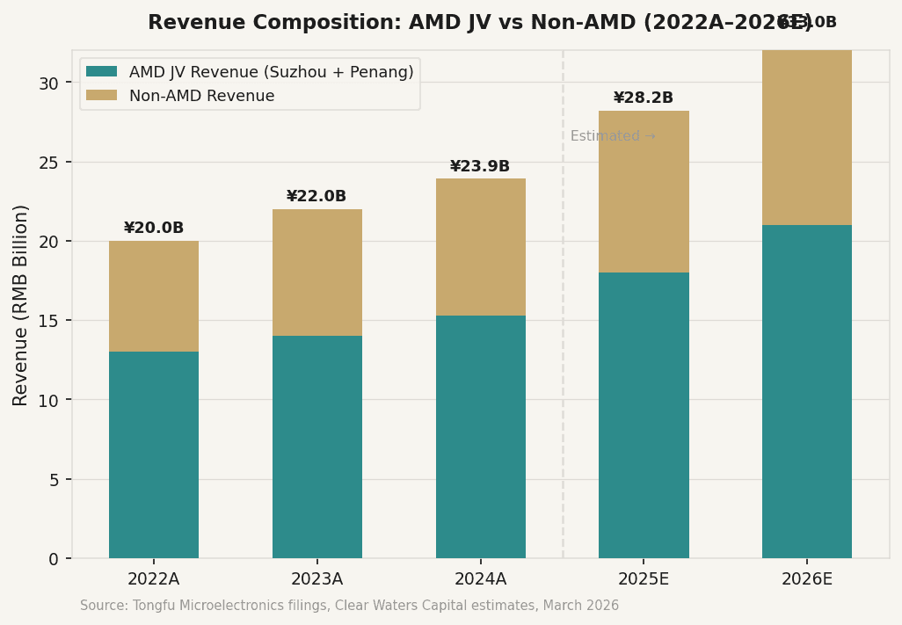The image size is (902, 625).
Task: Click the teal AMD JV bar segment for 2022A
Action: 154,454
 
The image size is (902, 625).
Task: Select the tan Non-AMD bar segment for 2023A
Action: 317,273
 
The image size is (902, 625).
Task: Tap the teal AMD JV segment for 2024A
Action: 481,437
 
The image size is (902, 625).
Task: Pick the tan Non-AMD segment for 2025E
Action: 644,192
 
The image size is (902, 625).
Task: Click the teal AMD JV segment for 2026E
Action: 807,391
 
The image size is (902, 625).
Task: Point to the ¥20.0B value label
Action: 154,229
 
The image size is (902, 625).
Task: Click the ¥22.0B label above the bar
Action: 316,197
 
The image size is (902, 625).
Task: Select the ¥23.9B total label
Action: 480,167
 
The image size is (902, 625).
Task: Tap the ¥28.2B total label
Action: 644,98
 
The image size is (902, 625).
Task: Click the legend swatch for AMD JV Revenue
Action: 101,72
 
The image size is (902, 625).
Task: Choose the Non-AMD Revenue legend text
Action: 201,96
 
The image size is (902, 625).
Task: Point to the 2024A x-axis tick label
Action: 480,579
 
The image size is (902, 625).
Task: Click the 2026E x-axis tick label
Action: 807,579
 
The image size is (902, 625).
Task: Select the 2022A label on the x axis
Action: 154,579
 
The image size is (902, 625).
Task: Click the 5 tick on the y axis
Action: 54,480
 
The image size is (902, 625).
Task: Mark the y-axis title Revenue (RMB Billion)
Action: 21,304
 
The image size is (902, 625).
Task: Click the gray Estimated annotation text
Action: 613,136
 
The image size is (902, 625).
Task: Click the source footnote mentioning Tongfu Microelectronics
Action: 349,606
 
